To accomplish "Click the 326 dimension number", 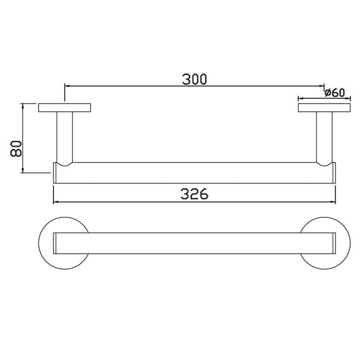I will (194, 194).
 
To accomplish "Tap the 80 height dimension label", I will (17, 148).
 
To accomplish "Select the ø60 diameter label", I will (334, 93).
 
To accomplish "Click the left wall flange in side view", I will (65, 108).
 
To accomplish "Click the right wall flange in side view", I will (324, 108).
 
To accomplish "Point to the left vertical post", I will (65, 137).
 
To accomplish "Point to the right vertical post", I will (324, 137).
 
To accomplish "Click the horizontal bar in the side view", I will (194, 173).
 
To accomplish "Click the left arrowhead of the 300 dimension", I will (67, 85).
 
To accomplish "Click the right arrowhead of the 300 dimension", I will (321, 85).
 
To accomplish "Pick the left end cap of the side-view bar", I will (55, 173).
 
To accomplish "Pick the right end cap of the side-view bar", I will (334, 173).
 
